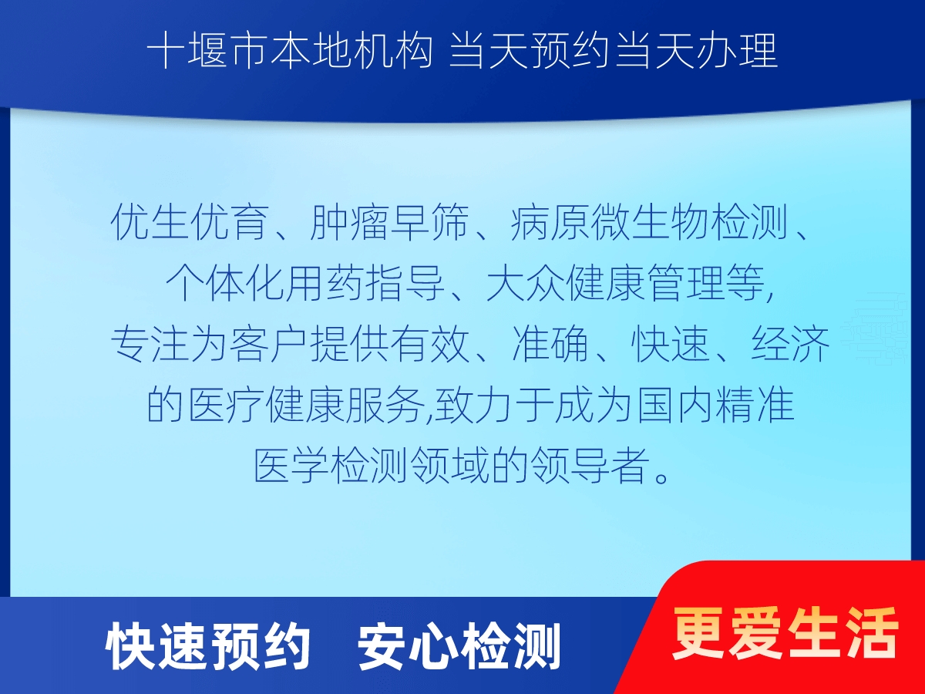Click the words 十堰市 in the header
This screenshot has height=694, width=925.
pyautogui.click(x=207, y=52)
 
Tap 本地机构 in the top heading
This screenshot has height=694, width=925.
pyautogui.click(x=351, y=52)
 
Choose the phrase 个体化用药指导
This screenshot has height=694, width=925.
pyautogui.click(x=305, y=283)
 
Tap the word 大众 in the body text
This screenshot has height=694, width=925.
pyautogui.click(x=526, y=283)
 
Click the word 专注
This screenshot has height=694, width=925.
pyautogui.click(x=150, y=344)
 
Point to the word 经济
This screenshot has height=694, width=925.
pyautogui.click(x=790, y=344)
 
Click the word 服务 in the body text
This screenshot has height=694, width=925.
pyautogui.click(x=385, y=405)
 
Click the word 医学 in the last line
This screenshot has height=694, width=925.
pyautogui.click(x=292, y=466)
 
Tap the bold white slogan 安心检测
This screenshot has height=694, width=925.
pyautogui.click(x=459, y=647)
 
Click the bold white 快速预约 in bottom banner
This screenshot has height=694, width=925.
pyautogui.click(x=207, y=647)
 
